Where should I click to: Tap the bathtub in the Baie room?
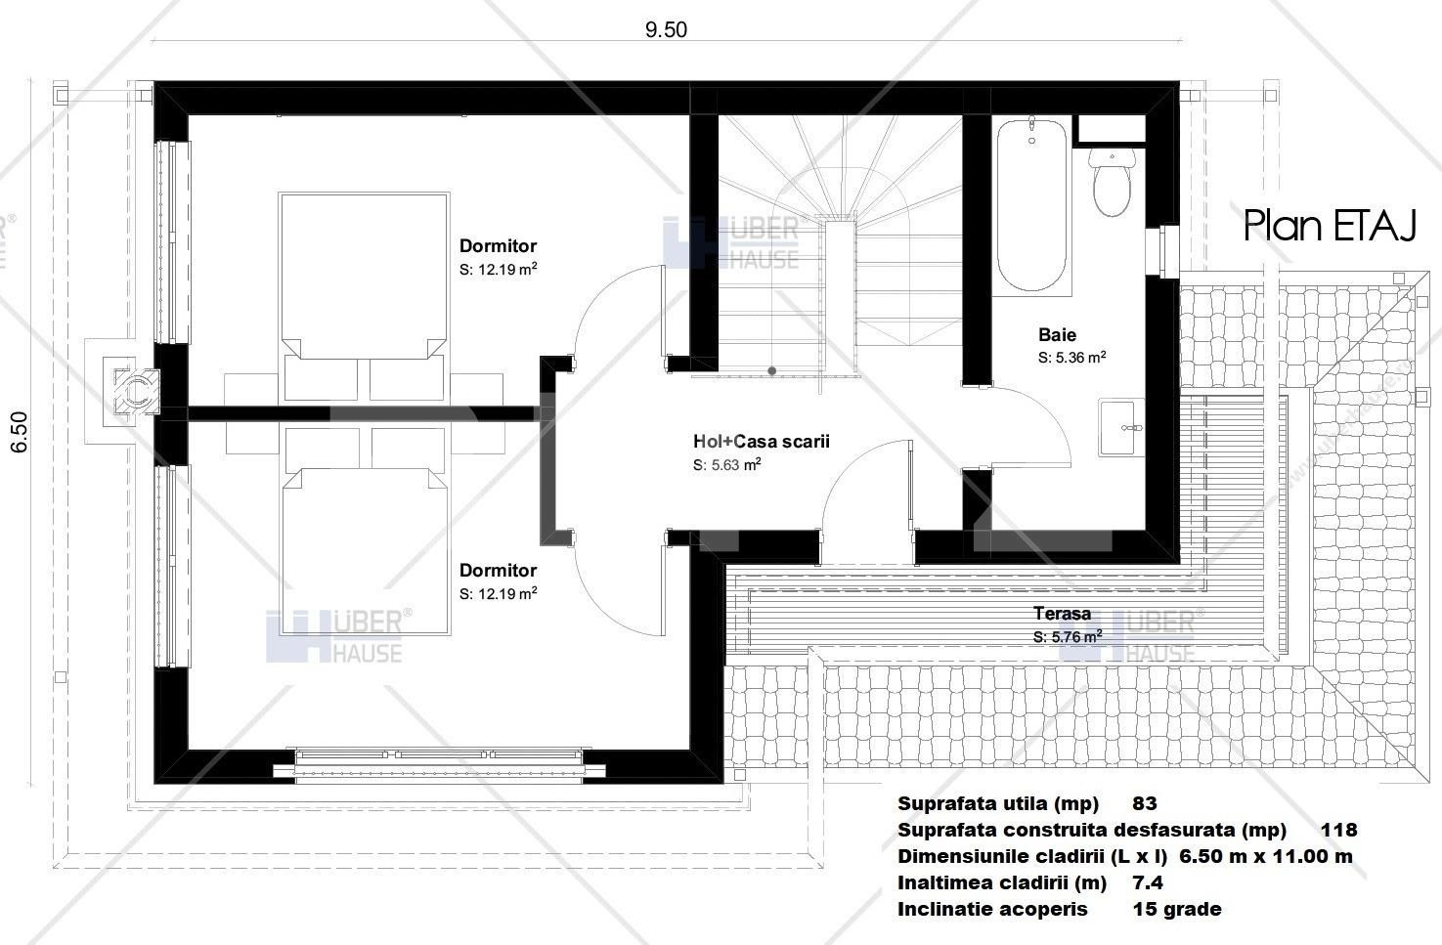pyautogui.click(x=1032, y=205)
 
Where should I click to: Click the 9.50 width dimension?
pyautogui.click(x=665, y=29)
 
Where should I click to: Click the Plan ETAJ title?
pyautogui.click(x=1330, y=226)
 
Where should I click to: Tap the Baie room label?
pyautogui.click(x=1057, y=335)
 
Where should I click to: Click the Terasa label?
pyautogui.click(x=1063, y=614)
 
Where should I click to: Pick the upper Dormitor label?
pyautogui.click(x=498, y=246)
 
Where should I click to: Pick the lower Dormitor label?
pyautogui.click(x=498, y=571)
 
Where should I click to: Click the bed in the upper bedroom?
pyautogui.click(x=365, y=283)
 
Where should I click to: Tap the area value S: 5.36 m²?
pyautogui.click(x=1071, y=359)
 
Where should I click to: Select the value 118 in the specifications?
pyautogui.click(x=1338, y=831)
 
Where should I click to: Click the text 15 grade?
pyautogui.click(x=1176, y=910)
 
